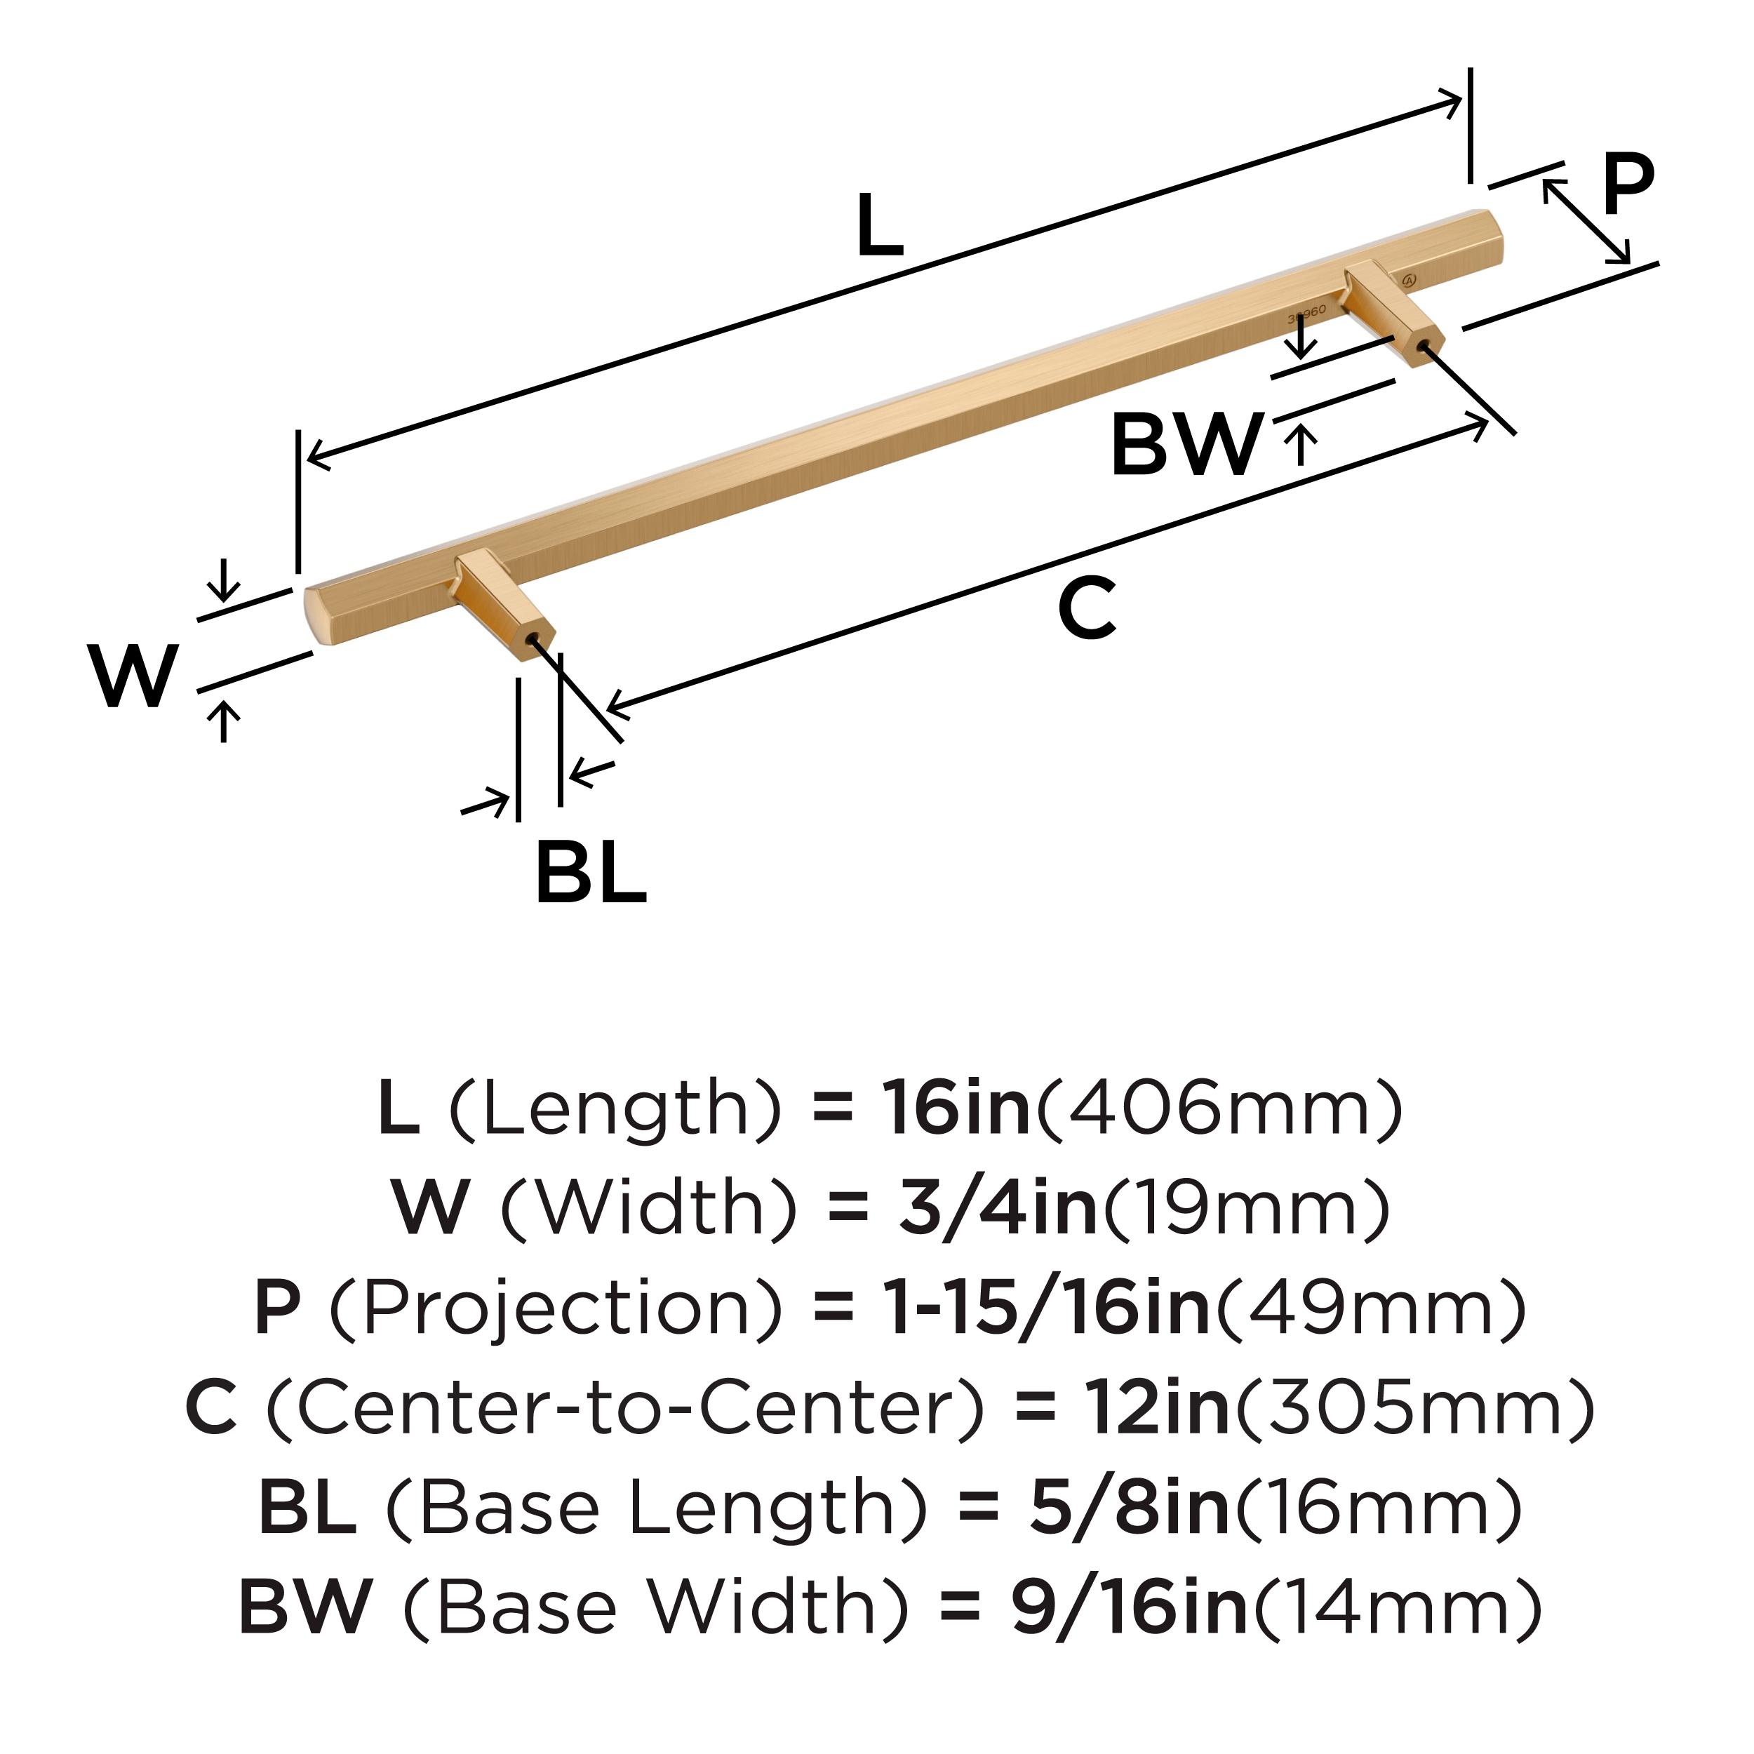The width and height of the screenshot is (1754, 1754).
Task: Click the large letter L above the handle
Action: (x=879, y=226)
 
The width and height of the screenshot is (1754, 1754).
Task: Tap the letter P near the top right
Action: (x=1627, y=185)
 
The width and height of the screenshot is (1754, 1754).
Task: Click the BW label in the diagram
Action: (x=1186, y=445)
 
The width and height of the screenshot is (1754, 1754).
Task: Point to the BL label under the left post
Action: (x=591, y=873)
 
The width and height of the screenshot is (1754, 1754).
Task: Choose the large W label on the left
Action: (x=133, y=676)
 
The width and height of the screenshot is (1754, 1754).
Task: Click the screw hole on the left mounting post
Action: (x=533, y=639)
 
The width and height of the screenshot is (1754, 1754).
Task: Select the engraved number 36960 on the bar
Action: (x=1306, y=313)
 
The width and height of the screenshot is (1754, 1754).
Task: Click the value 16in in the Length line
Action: (x=957, y=1109)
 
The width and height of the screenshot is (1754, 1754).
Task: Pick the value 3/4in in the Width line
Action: (x=997, y=1208)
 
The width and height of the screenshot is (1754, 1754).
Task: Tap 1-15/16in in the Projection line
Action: (x=1047, y=1308)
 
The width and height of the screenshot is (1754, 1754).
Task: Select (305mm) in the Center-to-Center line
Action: (x=1414, y=1408)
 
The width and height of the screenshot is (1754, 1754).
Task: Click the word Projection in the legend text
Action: (x=554, y=1308)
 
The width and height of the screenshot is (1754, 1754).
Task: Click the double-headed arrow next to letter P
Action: (x=1585, y=220)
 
